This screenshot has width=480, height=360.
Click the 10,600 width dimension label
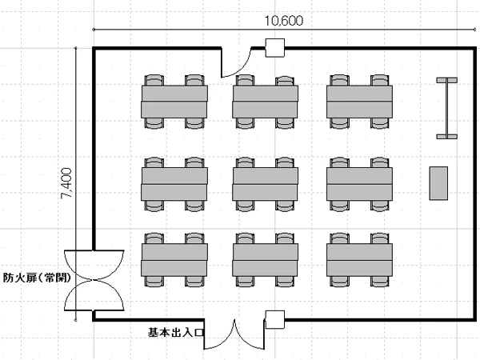[x=284, y=22]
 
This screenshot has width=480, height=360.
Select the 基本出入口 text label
[x=176, y=330]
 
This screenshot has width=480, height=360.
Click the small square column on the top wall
[x=275, y=47]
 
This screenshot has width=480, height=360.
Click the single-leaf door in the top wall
[x=237, y=62]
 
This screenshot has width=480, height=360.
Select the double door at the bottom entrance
[x=234, y=335]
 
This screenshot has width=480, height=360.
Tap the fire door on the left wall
[x=94, y=279]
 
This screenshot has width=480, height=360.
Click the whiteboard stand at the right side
[x=446, y=108]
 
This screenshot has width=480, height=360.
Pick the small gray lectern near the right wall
[x=438, y=183]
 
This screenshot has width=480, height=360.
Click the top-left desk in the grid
[x=174, y=102]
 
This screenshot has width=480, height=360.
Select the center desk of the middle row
[x=266, y=183]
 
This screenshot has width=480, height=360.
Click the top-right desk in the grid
[x=360, y=102]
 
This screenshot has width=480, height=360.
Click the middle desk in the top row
[x=266, y=102]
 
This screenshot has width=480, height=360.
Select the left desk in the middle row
[x=174, y=183]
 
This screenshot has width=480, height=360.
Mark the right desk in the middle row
[x=360, y=183]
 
